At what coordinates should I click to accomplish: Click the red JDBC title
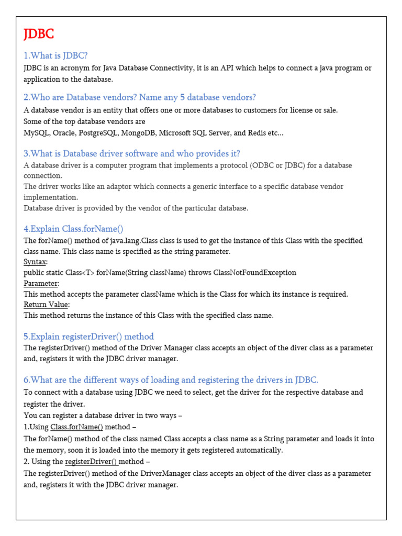[x=39, y=35]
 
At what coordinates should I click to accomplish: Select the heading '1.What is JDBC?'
[x=55, y=55]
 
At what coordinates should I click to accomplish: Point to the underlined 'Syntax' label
[x=35, y=262]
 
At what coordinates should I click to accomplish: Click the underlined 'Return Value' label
[x=46, y=305]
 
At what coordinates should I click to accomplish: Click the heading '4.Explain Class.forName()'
[x=73, y=229]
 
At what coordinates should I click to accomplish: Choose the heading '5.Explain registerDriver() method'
[x=88, y=337]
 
